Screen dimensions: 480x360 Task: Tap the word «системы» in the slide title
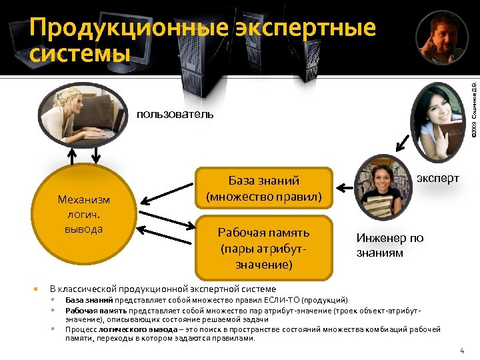pyautogui.click(x=80, y=51)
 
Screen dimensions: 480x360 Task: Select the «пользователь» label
pyautogui.click(x=175, y=114)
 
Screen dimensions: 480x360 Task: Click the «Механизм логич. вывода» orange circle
pyautogui.click(x=84, y=214)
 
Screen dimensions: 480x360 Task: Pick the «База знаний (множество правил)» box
pyautogui.click(x=263, y=189)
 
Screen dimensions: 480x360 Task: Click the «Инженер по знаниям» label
pyautogui.click(x=389, y=245)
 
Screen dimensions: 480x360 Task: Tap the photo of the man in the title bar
pyautogui.click(x=437, y=39)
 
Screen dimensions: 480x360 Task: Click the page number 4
pyautogui.click(x=461, y=351)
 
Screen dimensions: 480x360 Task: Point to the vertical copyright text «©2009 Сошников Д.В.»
pyautogui.click(x=473, y=107)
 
